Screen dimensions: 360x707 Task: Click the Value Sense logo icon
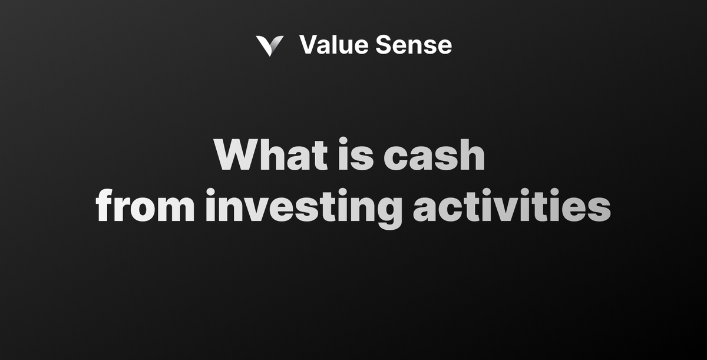pos(269,45)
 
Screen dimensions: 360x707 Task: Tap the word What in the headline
pos(270,156)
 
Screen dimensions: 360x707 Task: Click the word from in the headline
pos(145,206)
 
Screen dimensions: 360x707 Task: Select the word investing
pos(303,207)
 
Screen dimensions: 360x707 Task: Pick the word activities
pos(511,206)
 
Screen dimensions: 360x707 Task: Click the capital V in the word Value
pos(308,45)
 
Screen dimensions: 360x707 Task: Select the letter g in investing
pos(388,211)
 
